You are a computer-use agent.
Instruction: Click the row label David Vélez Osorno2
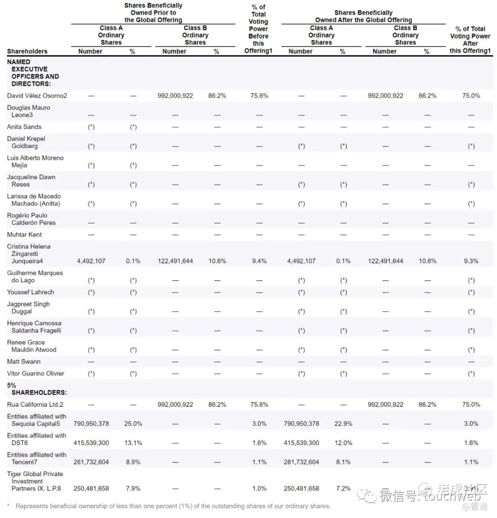pyautogui.click(x=37, y=96)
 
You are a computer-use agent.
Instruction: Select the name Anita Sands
pyautogui.click(x=24, y=127)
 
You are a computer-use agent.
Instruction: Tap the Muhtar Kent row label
pyautogui.click(x=24, y=234)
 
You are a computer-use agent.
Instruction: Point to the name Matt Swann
pyautogui.click(x=23, y=361)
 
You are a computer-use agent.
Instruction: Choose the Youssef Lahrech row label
pyautogui.click(x=30, y=292)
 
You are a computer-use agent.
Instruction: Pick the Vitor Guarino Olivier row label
pyautogui.click(x=35, y=373)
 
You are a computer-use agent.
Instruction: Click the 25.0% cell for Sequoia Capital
pyautogui.click(x=133, y=424)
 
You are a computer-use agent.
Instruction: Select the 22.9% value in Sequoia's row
pyautogui.click(x=343, y=424)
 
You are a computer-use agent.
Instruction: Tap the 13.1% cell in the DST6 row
pyautogui.click(x=133, y=443)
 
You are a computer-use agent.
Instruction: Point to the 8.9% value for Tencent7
pyautogui.click(x=133, y=462)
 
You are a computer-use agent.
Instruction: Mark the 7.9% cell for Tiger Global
pyautogui.click(x=133, y=489)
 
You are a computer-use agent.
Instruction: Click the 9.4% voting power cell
pyautogui.click(x=259, y=261)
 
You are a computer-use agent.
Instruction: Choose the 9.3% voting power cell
pyautogui.click(x=471, y=261)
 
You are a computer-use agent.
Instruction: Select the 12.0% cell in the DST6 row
pyautogui.click(x=343, y=443)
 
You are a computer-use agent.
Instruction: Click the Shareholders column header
pyautogui.click(x=27, y=51)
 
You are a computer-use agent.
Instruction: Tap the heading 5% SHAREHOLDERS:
pyautogui.click(x=37, y=389)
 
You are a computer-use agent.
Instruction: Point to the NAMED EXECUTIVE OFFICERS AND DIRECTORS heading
pyautogui.click(x=33, y=73)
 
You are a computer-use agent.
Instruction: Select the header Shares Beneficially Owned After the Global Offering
pyautogui.click(x=364, y=16)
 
